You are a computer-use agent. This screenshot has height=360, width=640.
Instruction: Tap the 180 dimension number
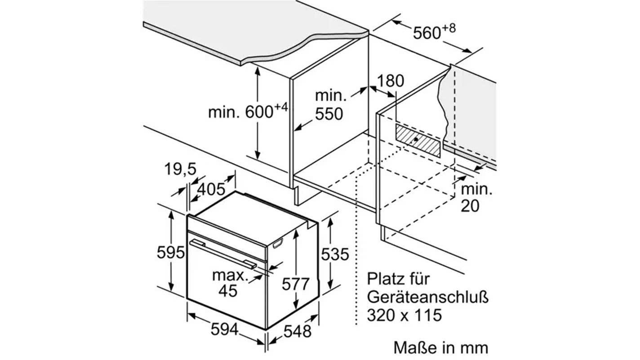(x=390, y=81)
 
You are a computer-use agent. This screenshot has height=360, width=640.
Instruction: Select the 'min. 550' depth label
(x=330, y=105)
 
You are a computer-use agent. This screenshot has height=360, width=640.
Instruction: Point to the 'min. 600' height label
(x=247, y=111)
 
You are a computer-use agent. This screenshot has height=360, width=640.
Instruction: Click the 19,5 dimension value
(x=180, y=170)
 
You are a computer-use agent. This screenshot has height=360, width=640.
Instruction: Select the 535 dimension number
(x=335, y=255)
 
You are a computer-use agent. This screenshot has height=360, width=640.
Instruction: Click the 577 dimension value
(x=296, y=284)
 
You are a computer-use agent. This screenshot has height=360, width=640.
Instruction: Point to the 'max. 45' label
(x=229, y=283)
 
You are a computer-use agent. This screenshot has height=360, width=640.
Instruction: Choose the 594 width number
(x=224, y=329)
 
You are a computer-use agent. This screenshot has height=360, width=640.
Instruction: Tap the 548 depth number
(x=297, y=332)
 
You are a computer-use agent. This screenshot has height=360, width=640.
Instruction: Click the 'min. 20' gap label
(x=476, y=198)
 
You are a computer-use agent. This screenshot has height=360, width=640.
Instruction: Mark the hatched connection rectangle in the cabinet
(x=417, y=140)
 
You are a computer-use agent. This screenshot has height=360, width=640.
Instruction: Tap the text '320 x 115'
(x=404, y=315)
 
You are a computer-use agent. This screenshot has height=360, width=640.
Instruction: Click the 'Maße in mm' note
(x=440, y=347)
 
